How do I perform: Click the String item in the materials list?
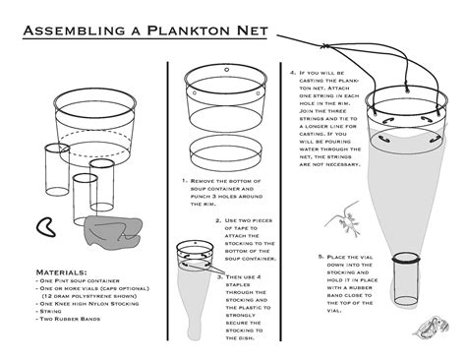[51, 310]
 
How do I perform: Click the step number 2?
[218, 220]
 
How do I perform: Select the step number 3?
[219, 277]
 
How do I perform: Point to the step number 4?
[293, 73]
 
